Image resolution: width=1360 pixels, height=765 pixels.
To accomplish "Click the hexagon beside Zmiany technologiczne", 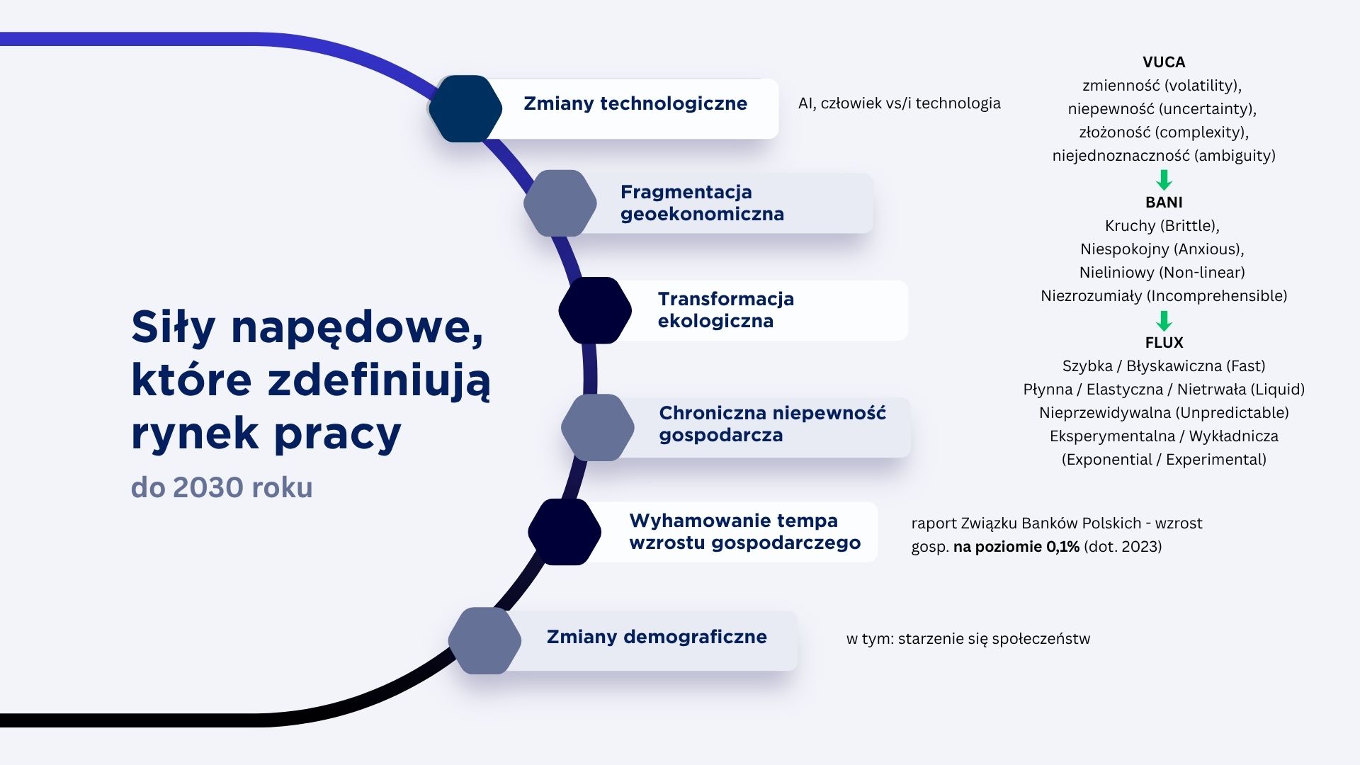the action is [465, 108].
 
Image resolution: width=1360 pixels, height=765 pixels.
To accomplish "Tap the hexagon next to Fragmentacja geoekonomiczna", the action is [560, 203].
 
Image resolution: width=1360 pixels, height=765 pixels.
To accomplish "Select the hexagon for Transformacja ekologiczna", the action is [595, 310].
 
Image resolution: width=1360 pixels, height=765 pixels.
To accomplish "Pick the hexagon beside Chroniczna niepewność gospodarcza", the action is [598, 427].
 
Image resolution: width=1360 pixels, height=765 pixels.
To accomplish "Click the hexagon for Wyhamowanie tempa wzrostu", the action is [565, 532].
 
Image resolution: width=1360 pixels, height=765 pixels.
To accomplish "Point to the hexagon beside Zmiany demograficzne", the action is [484, 640].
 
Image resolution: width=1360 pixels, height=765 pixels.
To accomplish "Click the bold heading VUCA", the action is [1164, 62].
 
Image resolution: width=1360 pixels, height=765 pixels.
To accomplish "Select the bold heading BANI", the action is [1164, 203].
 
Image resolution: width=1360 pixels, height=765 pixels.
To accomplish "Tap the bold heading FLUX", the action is [1164, 343].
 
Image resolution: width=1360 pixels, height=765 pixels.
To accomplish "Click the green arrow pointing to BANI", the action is [1164, 179].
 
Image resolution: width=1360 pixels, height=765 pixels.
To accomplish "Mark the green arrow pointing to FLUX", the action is [1164, 320].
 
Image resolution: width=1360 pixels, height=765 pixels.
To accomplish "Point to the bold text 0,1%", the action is [1062, 547].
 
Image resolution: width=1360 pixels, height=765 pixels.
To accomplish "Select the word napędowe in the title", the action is [357, 329].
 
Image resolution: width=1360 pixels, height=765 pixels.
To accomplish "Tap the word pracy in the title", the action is [337, 433].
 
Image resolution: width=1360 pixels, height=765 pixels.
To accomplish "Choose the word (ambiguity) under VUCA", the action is [1235, 156].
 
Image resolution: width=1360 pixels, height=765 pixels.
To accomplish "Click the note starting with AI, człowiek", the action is [900, 103].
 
